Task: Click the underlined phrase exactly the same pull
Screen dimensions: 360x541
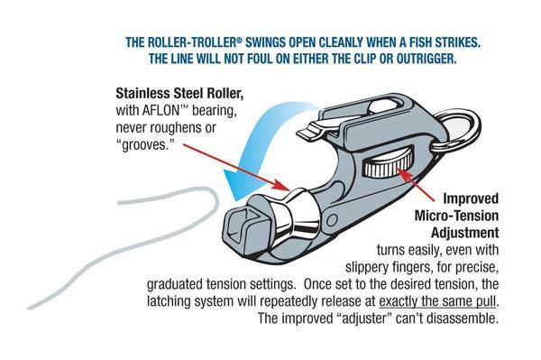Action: coord(439,300)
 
